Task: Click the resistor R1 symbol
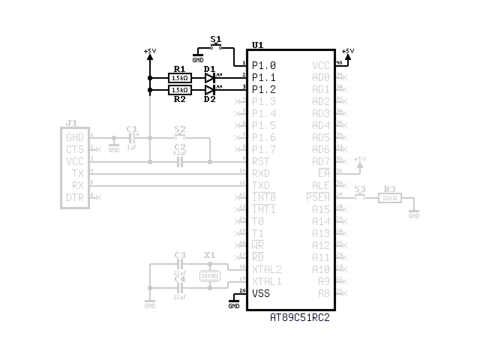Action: [x=180, y=78]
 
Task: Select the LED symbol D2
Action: [x=210, y=90]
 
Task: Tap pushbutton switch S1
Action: [x=216, y=47]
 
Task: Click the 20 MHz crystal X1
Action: [x=210, y=276]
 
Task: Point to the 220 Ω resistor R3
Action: [x=390, y=198]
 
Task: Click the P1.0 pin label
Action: [x=264, y=66]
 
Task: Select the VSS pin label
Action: [x=261, y=294]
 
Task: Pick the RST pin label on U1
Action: [x=261, y=162]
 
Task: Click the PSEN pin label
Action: [x=318, y=198]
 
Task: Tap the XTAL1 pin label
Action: [x=267, y=282]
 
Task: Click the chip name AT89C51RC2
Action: [x=300, y=318]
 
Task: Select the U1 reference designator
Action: [x=258, y=45]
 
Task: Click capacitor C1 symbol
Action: [x=132, y=138]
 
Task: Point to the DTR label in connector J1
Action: [x=75, y=197]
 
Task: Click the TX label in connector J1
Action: [x=78, y=174]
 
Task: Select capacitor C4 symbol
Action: [x=180, y=288]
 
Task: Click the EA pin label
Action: [x=324, y=173]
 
